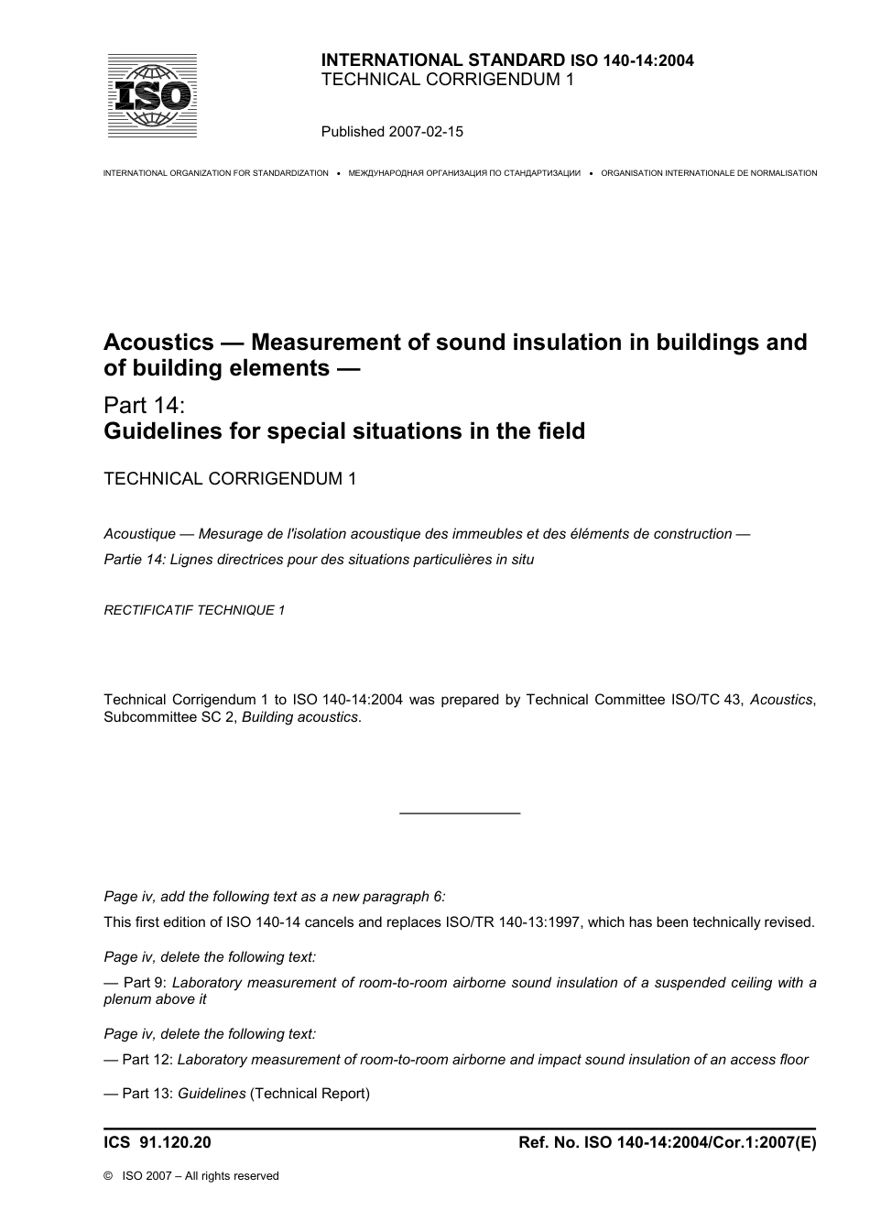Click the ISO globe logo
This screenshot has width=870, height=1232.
(152, 95)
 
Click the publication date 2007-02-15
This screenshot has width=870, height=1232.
(427, 131)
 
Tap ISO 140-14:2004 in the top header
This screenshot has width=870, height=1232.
(632, 60)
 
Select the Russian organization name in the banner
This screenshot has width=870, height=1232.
(464, 173)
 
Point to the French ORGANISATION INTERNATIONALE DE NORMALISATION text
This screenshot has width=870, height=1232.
(709, 173)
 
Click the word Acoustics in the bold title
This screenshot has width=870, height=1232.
(158, 343)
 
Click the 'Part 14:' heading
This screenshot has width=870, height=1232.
(145, 405)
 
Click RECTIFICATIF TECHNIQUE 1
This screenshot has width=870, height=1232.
(194, 610)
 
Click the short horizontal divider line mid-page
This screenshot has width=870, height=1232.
(460, 813)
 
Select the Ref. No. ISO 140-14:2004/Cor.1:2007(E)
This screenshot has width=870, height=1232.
(667, 1142)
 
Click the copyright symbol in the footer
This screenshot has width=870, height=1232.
(109, 1176)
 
